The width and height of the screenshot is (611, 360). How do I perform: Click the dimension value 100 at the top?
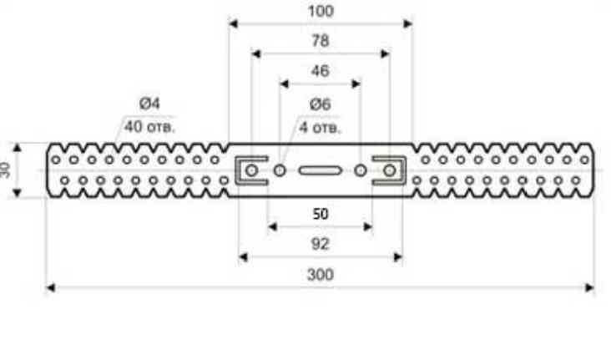tap(320, 11)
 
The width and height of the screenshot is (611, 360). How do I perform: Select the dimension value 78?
tap(320, 40)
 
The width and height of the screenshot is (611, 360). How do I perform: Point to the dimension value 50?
tap(320, 213)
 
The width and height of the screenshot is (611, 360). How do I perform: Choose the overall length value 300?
tap(320, 274)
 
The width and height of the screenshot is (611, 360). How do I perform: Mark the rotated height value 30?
tap(7, 170)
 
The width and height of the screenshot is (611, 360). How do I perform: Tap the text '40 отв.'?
tap(149, 127)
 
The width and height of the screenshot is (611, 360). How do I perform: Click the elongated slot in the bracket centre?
tap(320, 170)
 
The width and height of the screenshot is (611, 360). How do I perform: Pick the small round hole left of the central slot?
tap(280, 170)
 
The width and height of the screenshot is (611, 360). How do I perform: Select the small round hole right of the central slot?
tap(360, 170)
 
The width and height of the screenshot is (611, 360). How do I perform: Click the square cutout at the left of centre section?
tap(247, 170)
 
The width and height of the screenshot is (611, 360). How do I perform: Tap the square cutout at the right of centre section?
tap(391, 170)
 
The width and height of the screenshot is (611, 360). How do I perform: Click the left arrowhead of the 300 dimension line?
tap(50, 287)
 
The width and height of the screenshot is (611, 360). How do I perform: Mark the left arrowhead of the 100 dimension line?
tap(234, 23)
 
